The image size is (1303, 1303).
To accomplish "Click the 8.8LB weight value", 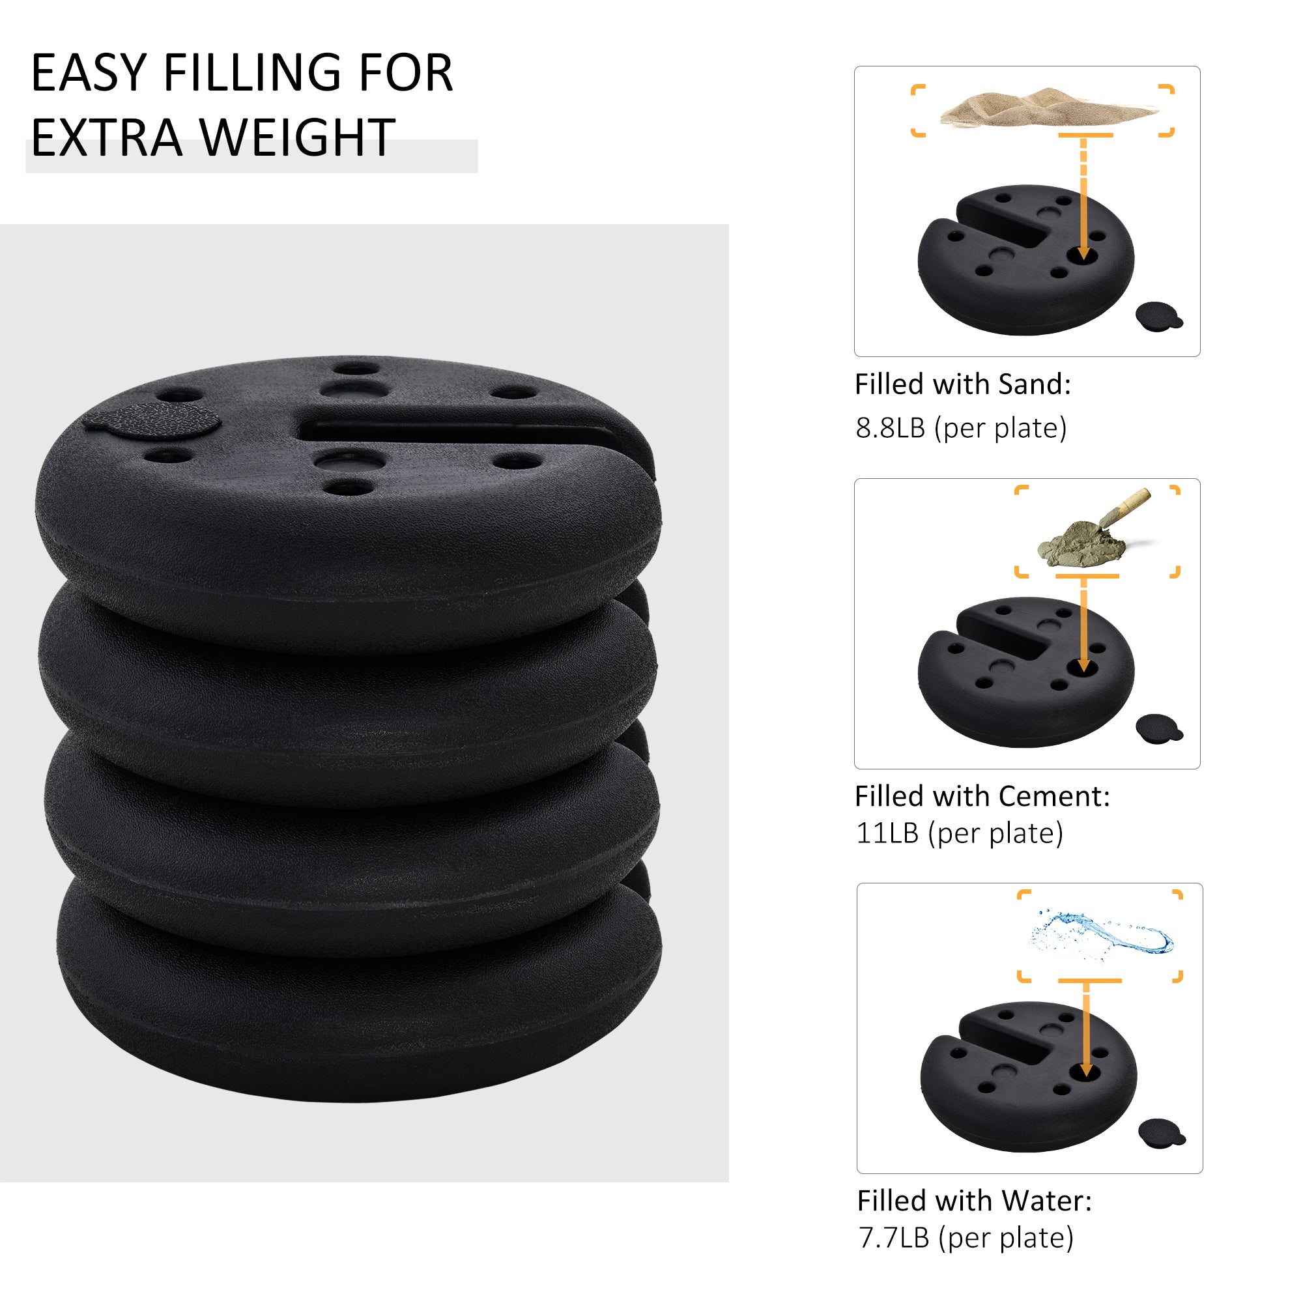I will (889, 428).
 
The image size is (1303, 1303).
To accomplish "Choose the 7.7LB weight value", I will (894, 1239).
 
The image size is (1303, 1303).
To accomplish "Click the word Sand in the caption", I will (1033, 384).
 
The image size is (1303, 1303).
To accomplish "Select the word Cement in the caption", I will (1053, 797).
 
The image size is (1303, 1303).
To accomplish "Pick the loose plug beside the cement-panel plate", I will (1158, 729).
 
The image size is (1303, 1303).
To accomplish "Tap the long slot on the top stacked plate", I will (459, 432).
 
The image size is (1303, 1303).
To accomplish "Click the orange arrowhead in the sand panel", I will (1084, 254).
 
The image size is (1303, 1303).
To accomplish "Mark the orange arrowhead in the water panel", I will (1086, 1071).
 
